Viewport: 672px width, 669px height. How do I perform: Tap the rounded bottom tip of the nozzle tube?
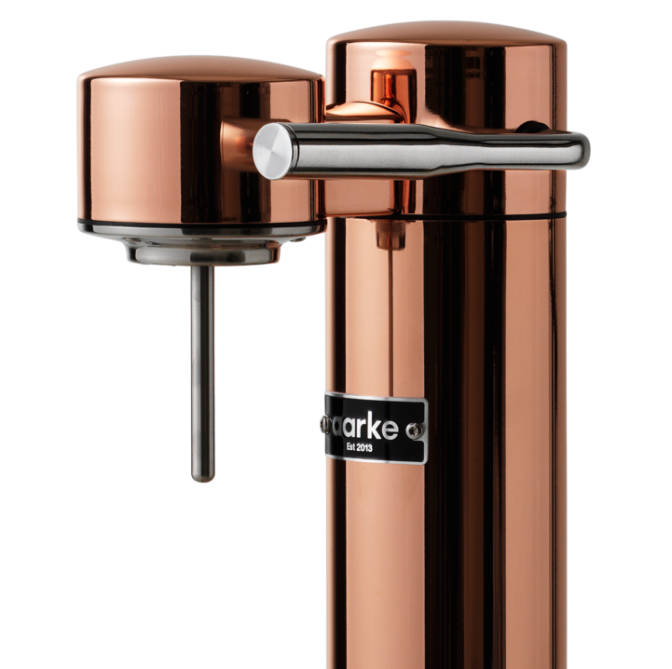point(202,476)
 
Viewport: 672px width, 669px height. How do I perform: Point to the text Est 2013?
point(359,448)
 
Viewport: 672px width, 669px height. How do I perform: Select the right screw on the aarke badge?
point(414,431)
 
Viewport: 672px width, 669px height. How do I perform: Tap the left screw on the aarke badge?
point(325,424)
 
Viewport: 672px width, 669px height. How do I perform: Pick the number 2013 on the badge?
point(363,448)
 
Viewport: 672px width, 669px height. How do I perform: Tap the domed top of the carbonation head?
point(200,69)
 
